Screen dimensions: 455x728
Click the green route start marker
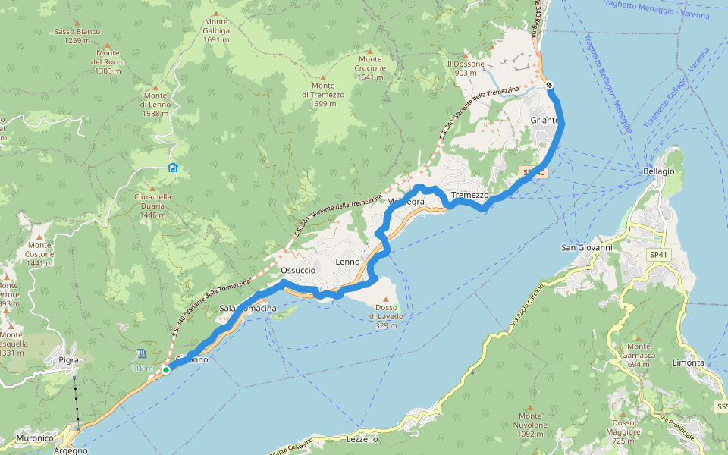click(166, 370)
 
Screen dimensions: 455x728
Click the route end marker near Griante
click(549, 85)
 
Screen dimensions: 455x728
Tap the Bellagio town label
click(658, 171)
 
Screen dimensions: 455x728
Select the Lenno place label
click(347, 262)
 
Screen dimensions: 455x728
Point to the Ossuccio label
click(297, 270)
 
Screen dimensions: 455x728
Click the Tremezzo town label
click(469, 195)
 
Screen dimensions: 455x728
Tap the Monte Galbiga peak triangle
click(215, 13)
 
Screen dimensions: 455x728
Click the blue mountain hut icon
click(173, 168)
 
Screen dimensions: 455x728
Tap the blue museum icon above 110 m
click(143, 353)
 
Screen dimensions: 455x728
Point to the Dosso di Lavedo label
click(386, 311)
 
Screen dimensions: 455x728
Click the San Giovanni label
click(586, 247)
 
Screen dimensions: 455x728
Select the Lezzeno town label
click(361, 439)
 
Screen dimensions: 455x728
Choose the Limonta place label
click(688, 363)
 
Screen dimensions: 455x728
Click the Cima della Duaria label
click(152, 202)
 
